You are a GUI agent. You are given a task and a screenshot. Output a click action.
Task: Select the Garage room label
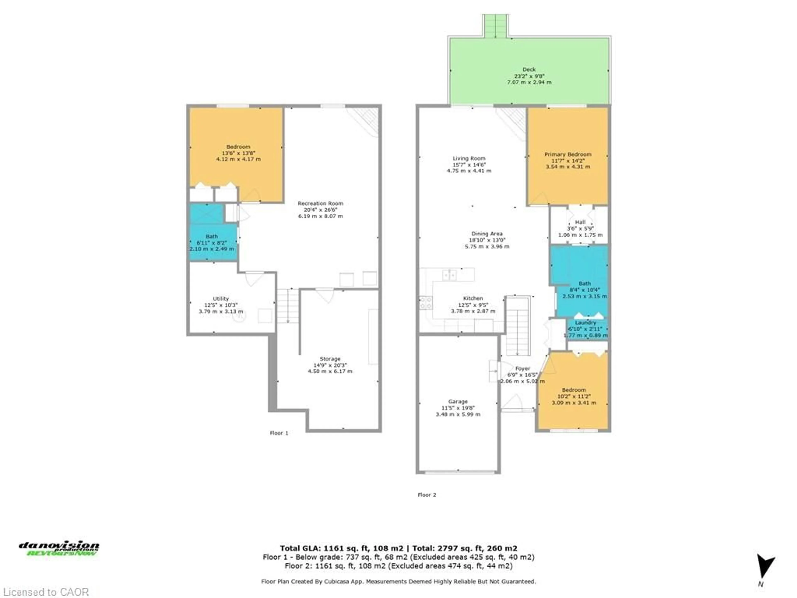pos(458,401)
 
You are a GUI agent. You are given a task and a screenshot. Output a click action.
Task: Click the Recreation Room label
pos(320,203)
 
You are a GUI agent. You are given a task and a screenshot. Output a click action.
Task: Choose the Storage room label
pos(330,359)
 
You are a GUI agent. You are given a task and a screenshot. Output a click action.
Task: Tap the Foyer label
pos(522,368)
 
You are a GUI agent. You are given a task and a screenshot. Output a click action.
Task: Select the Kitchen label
pos(473,298)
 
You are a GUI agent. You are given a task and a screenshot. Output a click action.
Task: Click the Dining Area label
pos(487,234)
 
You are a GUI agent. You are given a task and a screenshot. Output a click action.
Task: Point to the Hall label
pos(580,222)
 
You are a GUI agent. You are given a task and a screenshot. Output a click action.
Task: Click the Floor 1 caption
pos(279,433)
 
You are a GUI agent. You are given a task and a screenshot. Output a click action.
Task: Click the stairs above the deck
pos(495,26)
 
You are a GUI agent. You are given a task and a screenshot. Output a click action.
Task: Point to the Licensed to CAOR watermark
pos(45,592)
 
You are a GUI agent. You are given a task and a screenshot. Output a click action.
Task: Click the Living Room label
pos(469,158)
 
